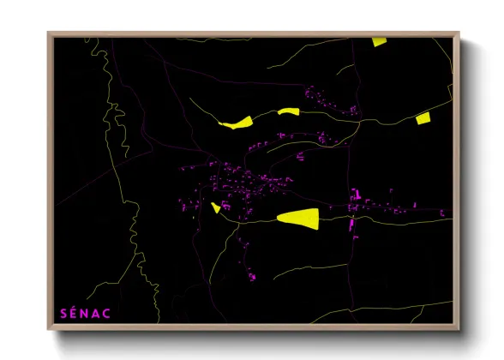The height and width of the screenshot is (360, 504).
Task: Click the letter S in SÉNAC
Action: [63, 314]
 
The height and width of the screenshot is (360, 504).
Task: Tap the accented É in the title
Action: [75, 313]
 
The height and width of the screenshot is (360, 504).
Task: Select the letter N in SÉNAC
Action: [87, 314]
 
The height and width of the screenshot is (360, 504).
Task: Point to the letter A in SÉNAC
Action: [98, 314]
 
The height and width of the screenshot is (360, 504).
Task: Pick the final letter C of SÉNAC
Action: [109, 314]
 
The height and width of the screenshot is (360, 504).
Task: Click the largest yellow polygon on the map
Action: [298, 218]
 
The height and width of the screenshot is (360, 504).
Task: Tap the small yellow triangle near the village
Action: [215, 207]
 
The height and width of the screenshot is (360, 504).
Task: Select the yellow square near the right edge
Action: [422, 119]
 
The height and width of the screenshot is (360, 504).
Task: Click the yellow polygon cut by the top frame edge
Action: [379, 40]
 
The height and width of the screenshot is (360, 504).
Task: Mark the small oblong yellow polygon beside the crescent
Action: [287, 111]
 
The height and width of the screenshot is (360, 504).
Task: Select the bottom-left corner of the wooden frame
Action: [49, 328]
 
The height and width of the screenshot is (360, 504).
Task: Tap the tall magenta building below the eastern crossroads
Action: [351, 225]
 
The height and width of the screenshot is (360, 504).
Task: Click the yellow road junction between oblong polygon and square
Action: [358, 121]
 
